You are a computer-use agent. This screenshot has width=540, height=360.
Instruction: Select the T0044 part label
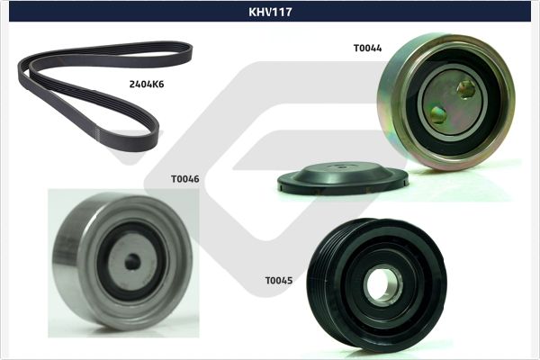point(367,48)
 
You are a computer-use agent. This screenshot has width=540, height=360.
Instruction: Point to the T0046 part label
point(184,178)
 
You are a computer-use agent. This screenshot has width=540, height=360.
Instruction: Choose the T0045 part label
point(278,281)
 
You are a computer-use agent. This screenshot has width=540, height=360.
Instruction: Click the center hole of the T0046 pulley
point(132,261)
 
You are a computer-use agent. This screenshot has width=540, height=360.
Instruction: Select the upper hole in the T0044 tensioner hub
point(465,88)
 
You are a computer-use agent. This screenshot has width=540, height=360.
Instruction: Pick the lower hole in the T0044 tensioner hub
point(437,113)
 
